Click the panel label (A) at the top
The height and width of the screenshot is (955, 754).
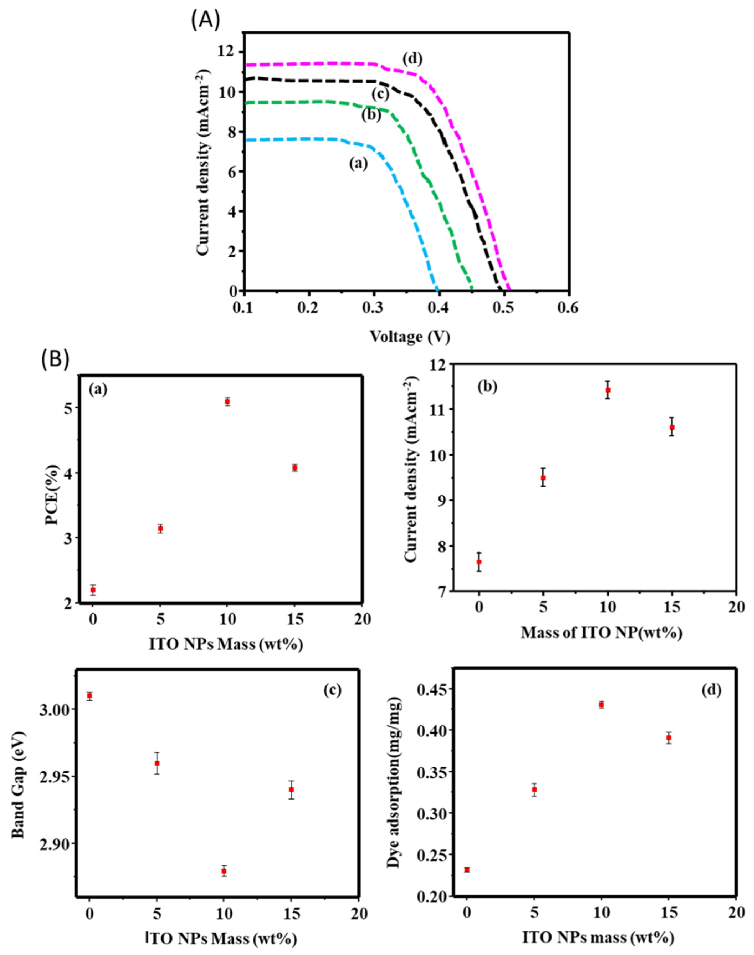(205, 21)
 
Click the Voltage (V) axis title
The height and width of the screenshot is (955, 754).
(410, 337)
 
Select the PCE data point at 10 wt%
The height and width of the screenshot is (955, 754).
(227, 402)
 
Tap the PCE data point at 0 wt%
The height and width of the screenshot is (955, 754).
(93, 590)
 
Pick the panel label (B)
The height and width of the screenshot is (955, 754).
(55, 359)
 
